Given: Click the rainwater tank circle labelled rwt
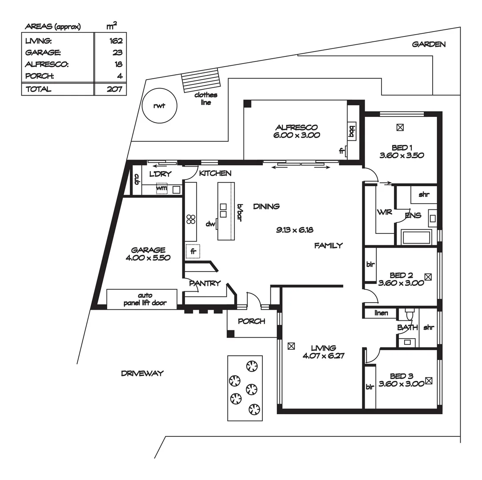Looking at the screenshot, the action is tap(159, 106).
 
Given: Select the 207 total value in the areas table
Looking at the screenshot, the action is tap(115, 89).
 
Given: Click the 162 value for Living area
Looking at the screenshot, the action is tap(116, 41).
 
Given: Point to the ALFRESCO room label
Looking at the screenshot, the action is tap(296, 128).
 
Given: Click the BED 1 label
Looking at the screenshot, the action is tap(402, 148).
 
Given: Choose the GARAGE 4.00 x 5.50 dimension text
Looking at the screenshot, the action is tap(148, 257).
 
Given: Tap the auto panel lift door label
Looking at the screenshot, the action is tap(145, 299).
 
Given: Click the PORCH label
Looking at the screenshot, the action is tap(251, 321).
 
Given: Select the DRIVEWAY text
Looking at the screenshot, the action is tap(142, 373).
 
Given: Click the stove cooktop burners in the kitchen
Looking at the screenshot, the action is tap(191, 219).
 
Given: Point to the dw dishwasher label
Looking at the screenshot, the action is tap(210, 224).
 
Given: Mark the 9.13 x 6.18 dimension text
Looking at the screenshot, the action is tap(294, 230).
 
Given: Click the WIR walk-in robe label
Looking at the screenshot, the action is tap(384, 212).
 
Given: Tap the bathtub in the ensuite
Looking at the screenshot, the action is tap(416, 237).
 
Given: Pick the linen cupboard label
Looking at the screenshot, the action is tap(381, 313).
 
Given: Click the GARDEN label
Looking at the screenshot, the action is tap(429, 44).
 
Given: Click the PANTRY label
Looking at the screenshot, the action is tap(205, 283).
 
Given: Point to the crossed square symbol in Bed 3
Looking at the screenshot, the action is tap(429, 380).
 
